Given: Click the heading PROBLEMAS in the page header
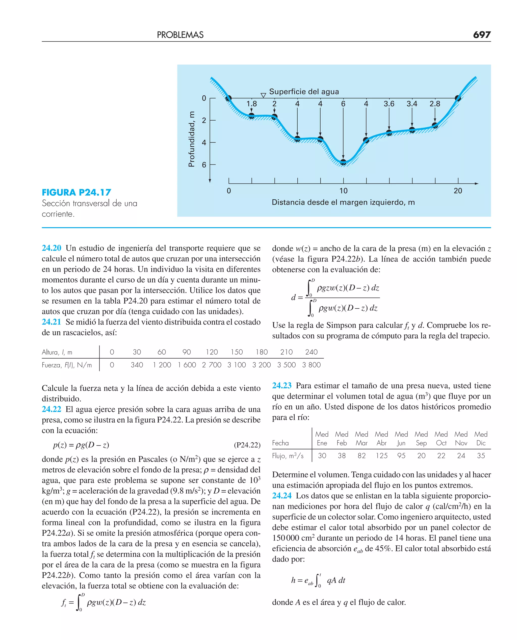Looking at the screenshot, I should [180, 35].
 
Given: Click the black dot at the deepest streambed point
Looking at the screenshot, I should [343, 162].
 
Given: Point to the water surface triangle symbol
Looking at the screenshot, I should [263, 95].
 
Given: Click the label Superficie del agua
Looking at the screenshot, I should [304, 91].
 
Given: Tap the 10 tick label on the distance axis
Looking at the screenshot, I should [343, 191].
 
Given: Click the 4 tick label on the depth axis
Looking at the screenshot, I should [204, 143].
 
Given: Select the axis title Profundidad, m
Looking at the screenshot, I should [192, 139].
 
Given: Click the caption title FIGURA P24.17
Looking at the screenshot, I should [76, 192].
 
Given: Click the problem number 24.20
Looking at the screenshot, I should [51, 248].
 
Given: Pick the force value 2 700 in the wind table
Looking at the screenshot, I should [212, 365].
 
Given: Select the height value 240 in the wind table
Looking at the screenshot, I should [311, 352].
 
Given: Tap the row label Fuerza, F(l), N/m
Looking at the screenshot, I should [67, 365].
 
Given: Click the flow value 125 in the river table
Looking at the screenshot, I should [381, 456].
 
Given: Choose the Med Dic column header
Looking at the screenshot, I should [481, 438].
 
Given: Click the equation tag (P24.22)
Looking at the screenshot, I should [247, 445].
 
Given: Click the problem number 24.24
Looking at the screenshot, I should [281, 496].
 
